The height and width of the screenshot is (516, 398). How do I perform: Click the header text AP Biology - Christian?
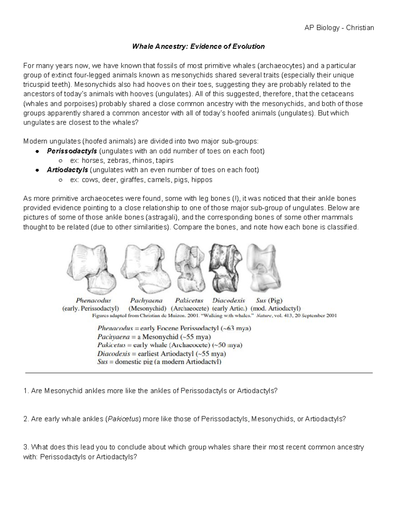coord(339,28)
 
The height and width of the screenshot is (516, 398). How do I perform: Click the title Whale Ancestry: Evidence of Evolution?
coord(198,47)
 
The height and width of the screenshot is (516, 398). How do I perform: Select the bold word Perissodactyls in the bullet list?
coord(72,151)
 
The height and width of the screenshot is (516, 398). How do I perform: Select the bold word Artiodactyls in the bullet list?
coord(67,170)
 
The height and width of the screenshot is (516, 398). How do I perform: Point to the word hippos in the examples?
coord(202,180)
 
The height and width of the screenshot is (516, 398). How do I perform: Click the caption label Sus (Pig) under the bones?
coord(269,301)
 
